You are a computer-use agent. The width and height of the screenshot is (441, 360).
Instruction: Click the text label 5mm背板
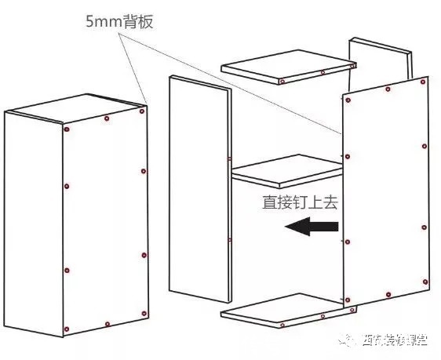119,21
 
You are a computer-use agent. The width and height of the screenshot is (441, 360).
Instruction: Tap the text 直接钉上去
301,202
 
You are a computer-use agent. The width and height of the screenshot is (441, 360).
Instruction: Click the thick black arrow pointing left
312,227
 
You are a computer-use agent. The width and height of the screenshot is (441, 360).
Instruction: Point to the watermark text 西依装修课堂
394,340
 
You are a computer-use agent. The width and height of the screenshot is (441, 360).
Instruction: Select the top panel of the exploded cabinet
284,69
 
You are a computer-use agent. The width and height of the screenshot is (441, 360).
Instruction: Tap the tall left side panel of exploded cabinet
199,188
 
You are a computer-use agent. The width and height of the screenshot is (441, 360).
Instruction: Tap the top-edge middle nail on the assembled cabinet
107,119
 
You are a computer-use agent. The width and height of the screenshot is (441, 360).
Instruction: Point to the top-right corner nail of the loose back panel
425,80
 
